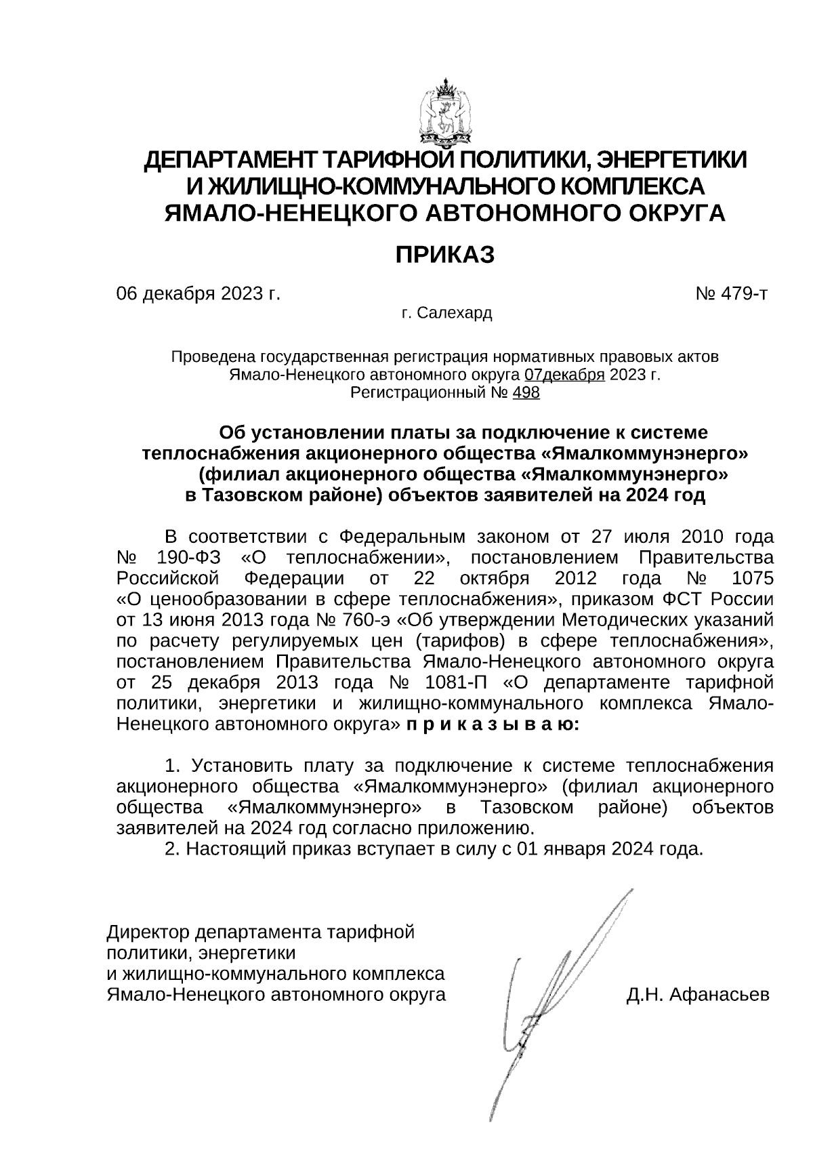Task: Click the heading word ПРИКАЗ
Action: click(x=445, y=255)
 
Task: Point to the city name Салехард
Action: click(x=455, y=314)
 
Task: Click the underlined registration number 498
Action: click(x=526, y=392)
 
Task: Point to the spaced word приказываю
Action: click(x=492, y=724)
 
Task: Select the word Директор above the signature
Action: click(x=148, y=932)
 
